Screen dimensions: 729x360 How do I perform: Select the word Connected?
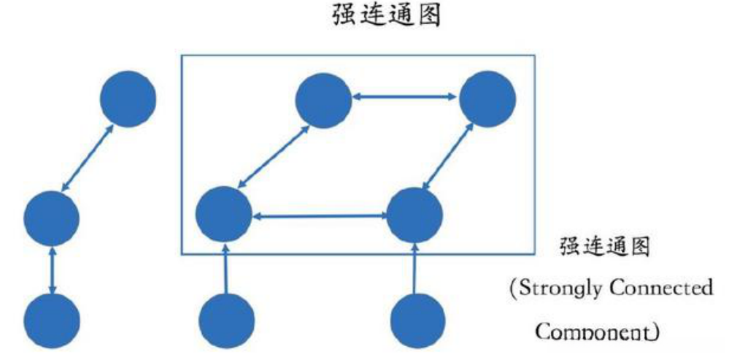tap(662, 287)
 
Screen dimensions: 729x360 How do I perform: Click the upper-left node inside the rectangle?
tap(323, 98)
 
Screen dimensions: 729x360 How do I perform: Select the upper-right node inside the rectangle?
tap(487, 99)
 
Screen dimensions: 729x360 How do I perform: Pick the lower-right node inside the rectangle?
tap(414, 215)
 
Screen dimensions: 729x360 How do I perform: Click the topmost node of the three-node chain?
tap(128, 99)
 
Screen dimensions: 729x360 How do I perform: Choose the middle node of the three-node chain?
tap(51, 217)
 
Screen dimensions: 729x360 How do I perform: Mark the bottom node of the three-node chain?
tap(51, 322)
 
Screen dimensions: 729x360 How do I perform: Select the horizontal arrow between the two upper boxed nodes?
tap(405, 96)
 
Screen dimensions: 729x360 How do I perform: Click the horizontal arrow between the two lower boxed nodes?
tap(319, 216)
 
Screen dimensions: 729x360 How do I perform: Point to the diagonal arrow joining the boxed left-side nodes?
tap(274, 156)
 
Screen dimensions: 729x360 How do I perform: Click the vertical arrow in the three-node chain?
tap(51, 270)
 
